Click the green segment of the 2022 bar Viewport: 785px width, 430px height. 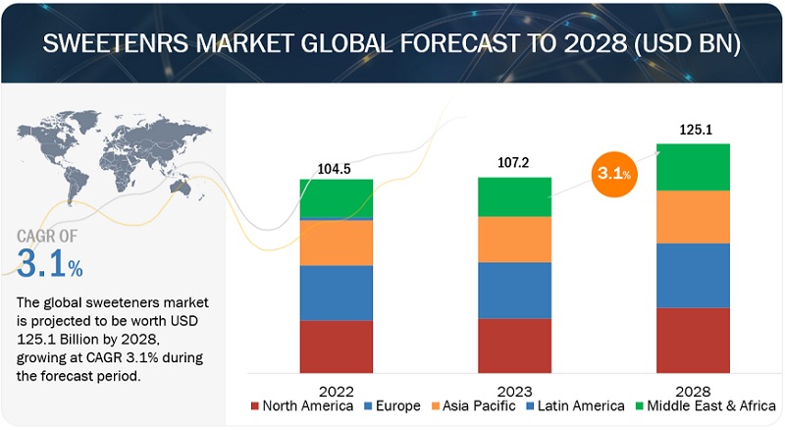coord(337,197)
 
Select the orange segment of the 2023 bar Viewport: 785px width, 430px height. coord(514,239)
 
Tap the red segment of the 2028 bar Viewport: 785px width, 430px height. coord(693,340)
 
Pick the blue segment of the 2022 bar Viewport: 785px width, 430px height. coord(337,293)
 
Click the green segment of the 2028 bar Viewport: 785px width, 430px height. coord(693,167)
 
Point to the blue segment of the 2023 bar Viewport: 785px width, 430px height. coord(514,291)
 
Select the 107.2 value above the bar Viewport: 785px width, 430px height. coord(514,164)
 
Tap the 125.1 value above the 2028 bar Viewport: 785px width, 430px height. coord(693,130)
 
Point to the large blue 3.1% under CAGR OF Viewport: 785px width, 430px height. coord(50,263)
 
